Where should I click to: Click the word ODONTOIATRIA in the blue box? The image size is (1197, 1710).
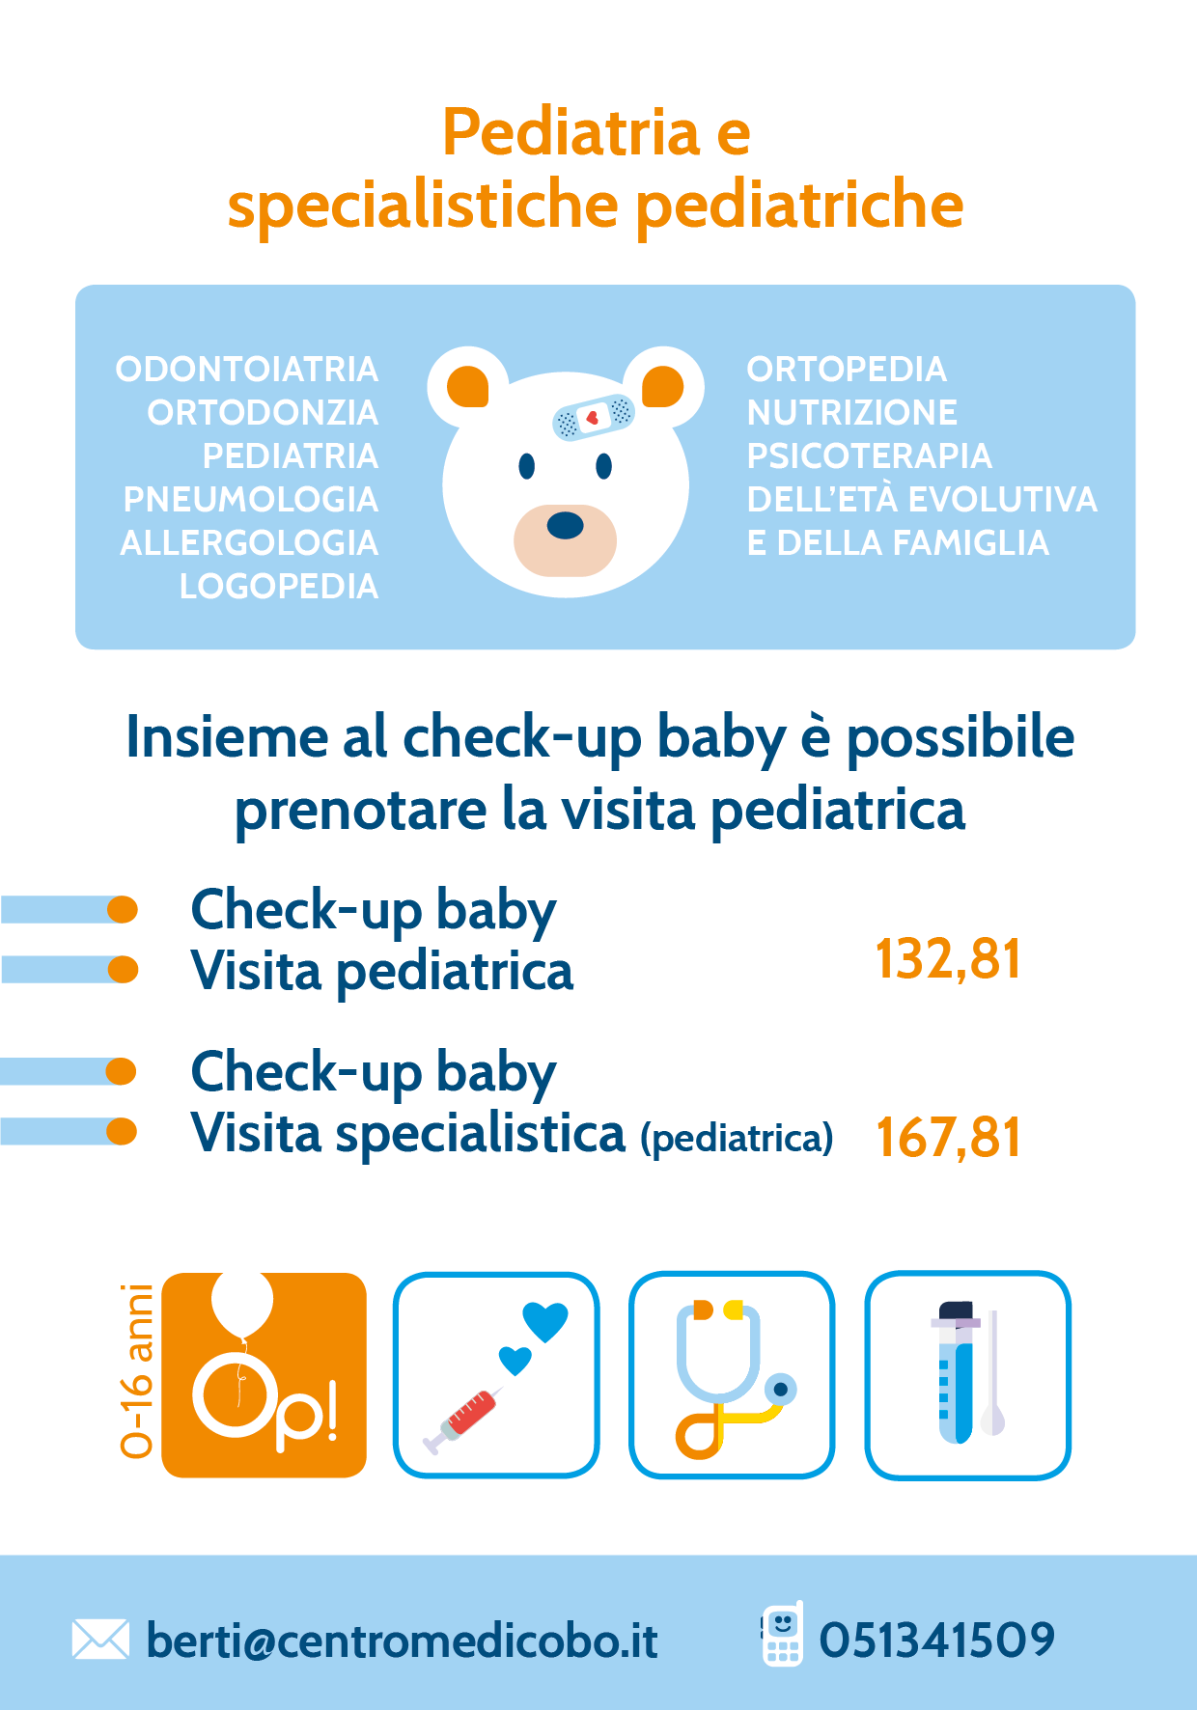point(247,369)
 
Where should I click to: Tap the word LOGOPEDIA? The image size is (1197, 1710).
point(279,586)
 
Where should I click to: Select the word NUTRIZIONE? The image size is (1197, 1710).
point(852,412)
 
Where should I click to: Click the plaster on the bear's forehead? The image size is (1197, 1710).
point(593,417)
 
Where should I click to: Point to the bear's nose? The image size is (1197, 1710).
point(565,526)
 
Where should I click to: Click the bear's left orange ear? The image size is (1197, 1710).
point(468,387)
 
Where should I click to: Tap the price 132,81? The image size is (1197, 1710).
point(948,959)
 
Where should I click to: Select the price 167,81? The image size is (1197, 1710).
point(948,1137)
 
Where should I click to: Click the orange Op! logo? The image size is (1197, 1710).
point(264,1375)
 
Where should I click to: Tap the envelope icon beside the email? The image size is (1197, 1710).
point(100,1640)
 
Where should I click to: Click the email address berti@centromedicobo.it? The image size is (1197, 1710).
point(402,1641)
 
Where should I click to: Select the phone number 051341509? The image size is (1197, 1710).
point(936,1640)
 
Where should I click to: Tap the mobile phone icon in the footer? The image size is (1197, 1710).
point(782,1634)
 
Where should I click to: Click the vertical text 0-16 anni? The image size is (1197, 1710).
point(137,1370)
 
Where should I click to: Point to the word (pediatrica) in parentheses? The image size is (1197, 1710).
point(737,1139)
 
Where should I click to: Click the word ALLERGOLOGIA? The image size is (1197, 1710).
point(249,542)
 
